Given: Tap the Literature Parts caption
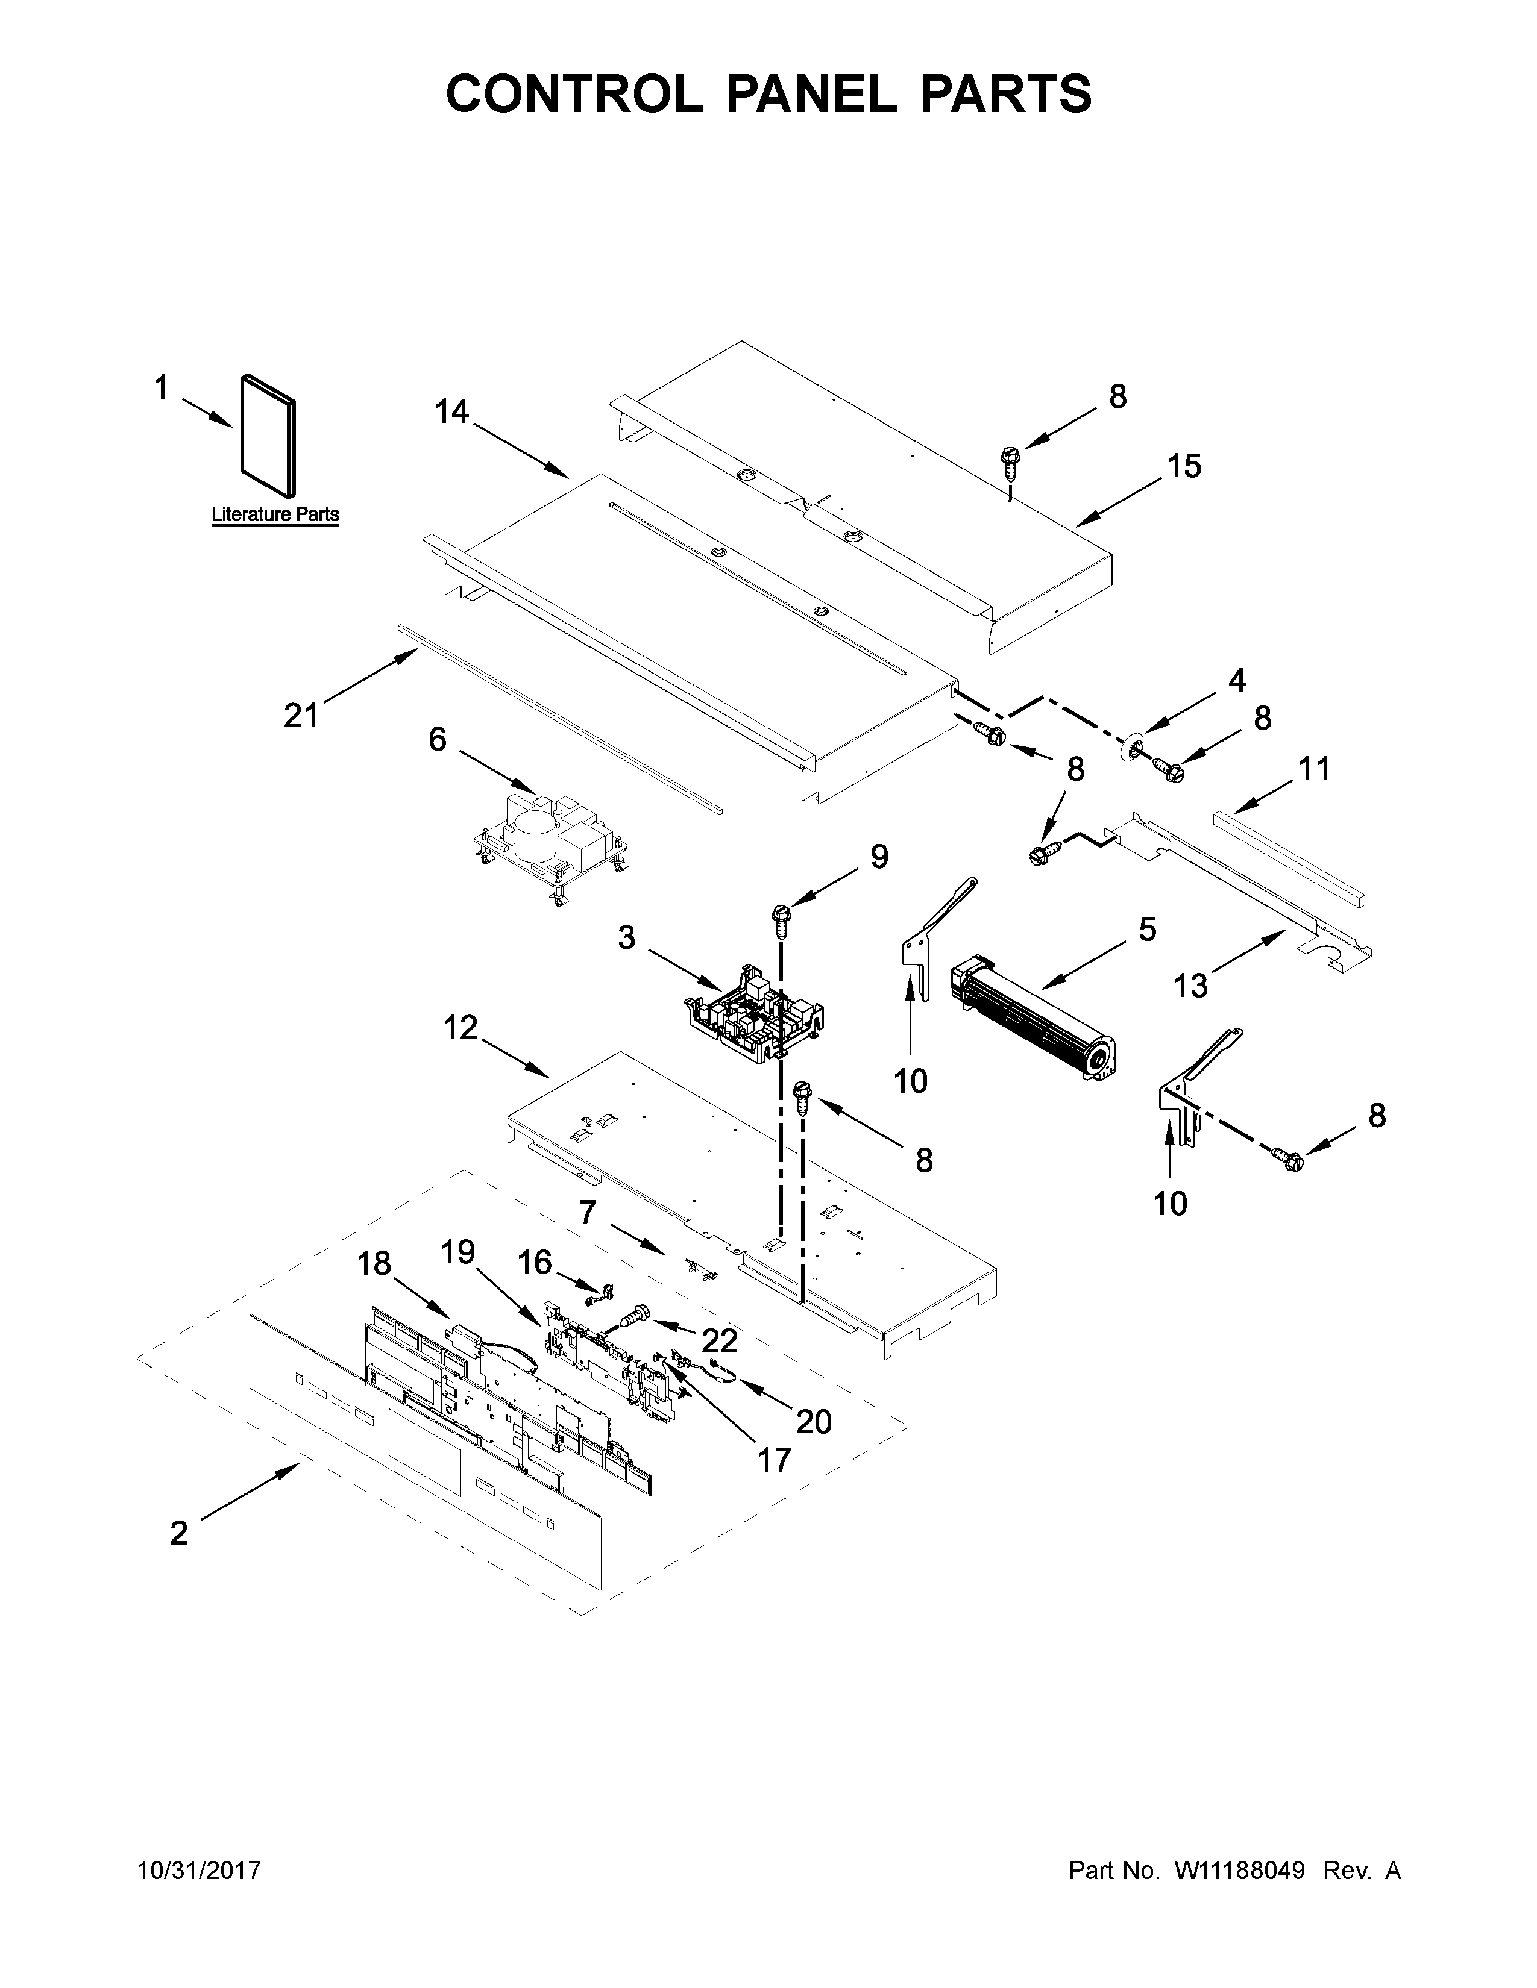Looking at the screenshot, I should point(275,514).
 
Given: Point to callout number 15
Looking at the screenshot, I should point(1184,466).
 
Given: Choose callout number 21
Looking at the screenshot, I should point(301,716).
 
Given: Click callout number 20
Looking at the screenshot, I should point(813,1421).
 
